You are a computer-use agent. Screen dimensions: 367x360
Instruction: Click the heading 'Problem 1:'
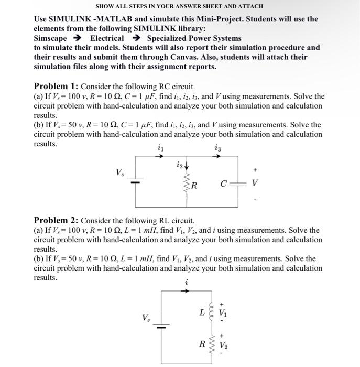[x=56, y=87]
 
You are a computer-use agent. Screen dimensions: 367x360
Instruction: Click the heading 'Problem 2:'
[x=56, y=221]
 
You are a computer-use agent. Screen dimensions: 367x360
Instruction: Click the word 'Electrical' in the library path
[x=107, y=38]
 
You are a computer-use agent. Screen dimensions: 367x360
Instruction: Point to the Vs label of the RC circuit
[x=120, y=172]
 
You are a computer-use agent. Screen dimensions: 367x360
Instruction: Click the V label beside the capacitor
[x=255, y=183]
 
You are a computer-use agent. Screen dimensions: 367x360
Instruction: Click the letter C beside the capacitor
[x=224, y=184]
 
